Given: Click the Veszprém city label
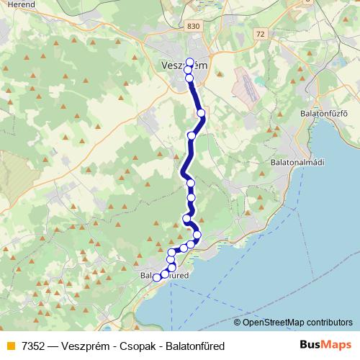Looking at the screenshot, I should coord(181,66).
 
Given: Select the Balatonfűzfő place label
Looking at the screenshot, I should coord(324,113).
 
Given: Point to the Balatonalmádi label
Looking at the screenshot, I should coord(297,162).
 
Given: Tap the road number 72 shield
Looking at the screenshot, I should coord(260,34).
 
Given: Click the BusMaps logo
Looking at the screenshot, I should coord(325,345).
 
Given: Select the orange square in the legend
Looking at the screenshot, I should coord(10,346).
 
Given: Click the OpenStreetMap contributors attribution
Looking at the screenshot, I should coord(293,323).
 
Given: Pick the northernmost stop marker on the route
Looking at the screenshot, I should coord(190,62).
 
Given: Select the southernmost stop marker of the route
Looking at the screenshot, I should coord(157,277).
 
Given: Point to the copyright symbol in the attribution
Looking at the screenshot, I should coord(238,323).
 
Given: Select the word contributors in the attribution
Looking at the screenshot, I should coord(329,323).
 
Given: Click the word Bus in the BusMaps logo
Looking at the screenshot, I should coord(312,345).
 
